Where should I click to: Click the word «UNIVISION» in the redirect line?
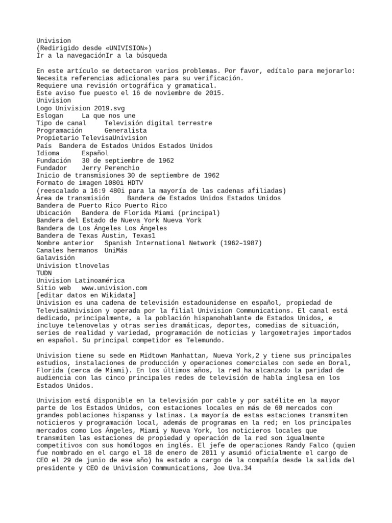pos(126,48)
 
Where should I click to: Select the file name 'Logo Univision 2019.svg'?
pos(81,108)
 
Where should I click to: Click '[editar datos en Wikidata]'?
pos(86,295)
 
